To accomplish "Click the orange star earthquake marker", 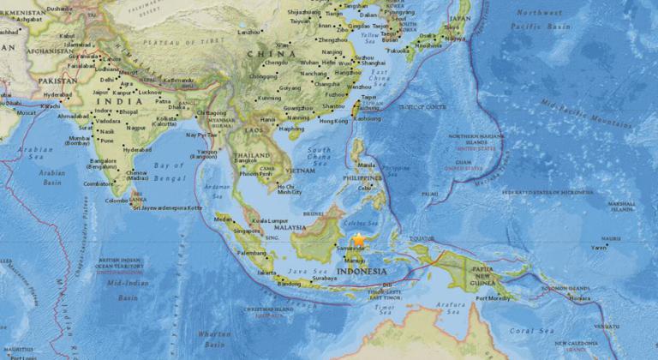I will (x=357, y=241).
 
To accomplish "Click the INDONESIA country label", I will (x=361, y=272).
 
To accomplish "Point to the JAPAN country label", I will (x=460, y=18).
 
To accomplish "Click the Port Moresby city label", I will (x=492, y=299).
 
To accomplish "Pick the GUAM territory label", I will (x=464, y=162).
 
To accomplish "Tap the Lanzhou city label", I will (x=249, y=32).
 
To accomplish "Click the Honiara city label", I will (x=579, y=299).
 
